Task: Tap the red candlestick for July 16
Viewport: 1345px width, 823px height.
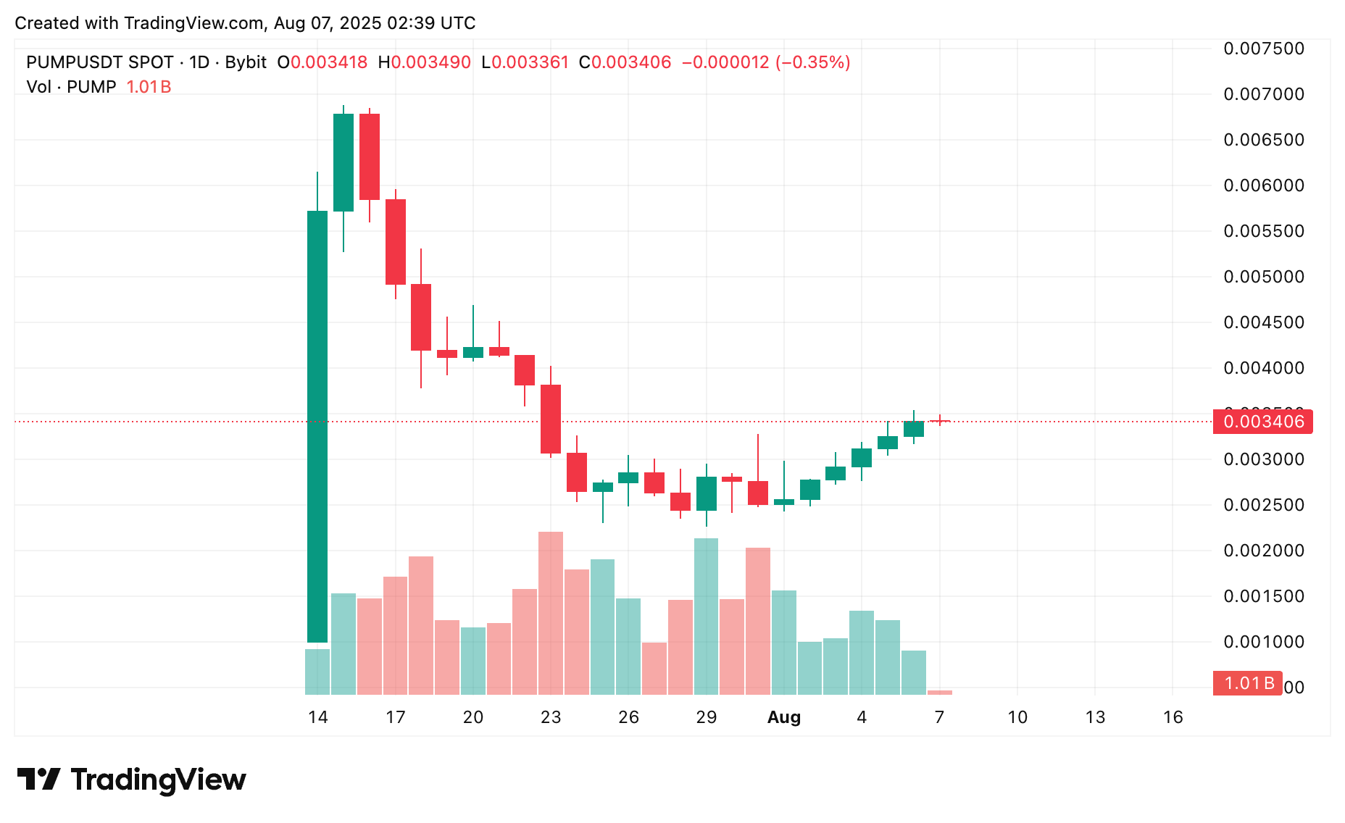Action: click(x=370, y=156)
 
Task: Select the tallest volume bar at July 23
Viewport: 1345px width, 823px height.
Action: click(x=551, y=613)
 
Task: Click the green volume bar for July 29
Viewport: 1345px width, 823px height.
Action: click(x=707, y=616)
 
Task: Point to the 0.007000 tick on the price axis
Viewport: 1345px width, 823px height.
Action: click(x=1264, y=94)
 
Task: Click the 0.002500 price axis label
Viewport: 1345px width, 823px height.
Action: click(x=1264, y=505)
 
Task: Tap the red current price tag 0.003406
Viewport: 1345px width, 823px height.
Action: click(x=1262, y=422)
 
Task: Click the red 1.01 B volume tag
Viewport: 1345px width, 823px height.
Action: click(x=1248, y=683)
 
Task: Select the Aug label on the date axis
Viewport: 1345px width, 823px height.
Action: click(x=784, y=717)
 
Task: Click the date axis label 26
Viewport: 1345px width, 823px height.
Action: click(x=628, y=717)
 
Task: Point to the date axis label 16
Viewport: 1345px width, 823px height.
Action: click(x=1173, y=717)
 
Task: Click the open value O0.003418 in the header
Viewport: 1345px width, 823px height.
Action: click(x=322, y=62)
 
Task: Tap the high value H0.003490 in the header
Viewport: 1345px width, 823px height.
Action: click(x=425, y=62)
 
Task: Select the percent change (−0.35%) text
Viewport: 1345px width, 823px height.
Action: click(x=813, y=62)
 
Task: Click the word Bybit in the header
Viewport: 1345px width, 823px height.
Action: click(x=246, y=62)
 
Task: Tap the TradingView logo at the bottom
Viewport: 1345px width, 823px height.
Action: click(x=132, y=780)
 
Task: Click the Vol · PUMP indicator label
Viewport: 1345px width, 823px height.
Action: click(x=71, y=87)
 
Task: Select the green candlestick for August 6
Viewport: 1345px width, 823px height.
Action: click(x=914, y=429)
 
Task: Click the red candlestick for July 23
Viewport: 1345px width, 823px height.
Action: click(x=551, y=419)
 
